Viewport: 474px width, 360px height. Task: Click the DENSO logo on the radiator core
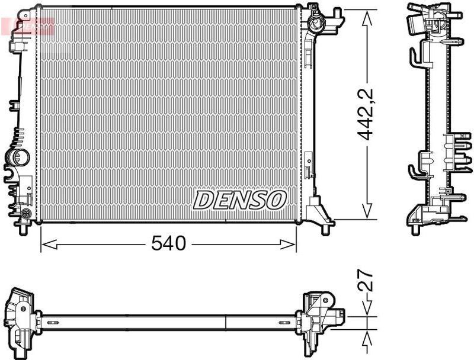239,200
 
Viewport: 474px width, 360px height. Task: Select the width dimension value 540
169,243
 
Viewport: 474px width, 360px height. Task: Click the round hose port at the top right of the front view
316,24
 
